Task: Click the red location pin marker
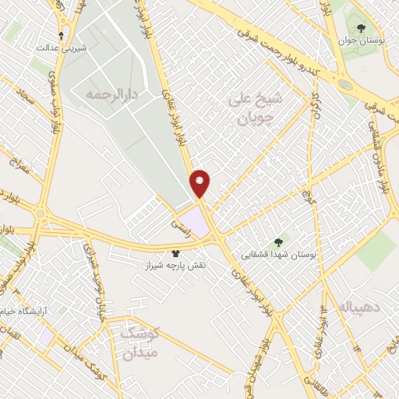coord(200,182)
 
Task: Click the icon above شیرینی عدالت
coord(62,36)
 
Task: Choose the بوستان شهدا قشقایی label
coord(280,254)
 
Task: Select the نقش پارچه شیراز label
coord(176,266)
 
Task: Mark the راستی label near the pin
coord(183,221)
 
